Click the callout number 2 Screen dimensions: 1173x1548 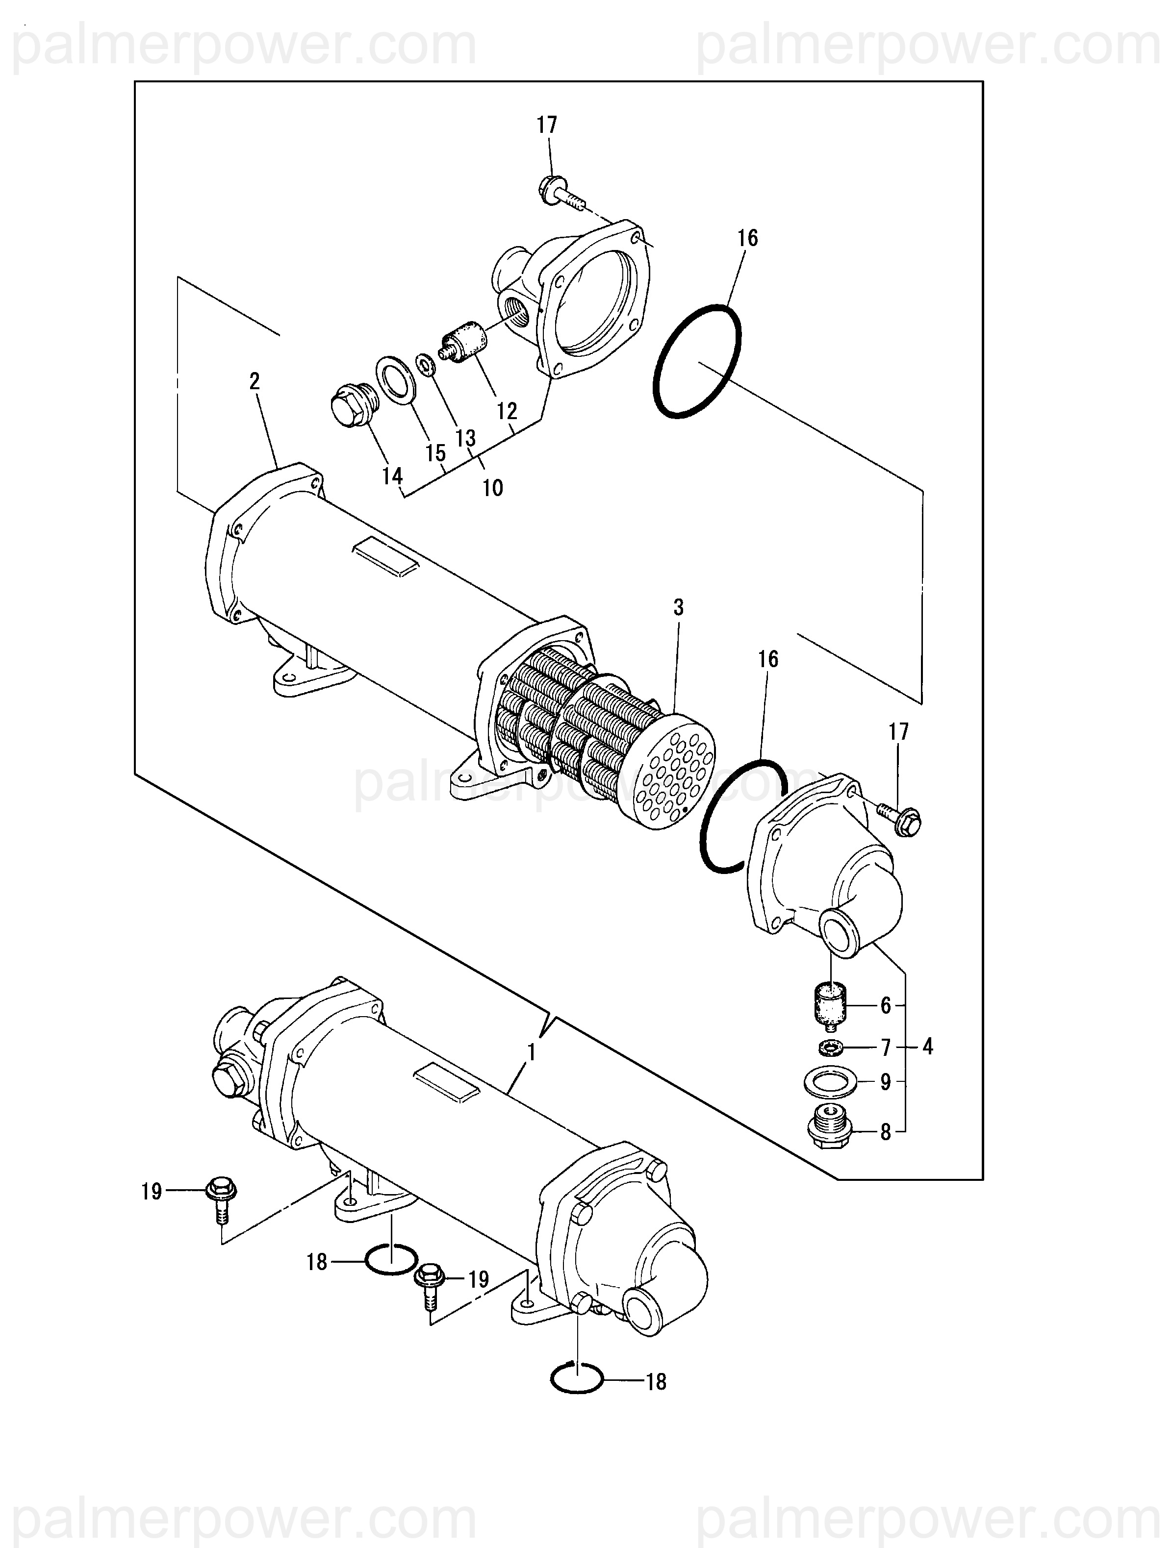pos(254,381)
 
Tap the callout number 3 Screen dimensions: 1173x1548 pos(678,607)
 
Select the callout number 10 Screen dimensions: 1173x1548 pos(493,488)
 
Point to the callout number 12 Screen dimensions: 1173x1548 pos(507,411)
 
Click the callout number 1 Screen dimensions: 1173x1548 pos(532,1052)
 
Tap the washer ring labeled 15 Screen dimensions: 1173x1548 pos(397,381)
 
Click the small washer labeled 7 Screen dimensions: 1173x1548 pos(831,1048)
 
